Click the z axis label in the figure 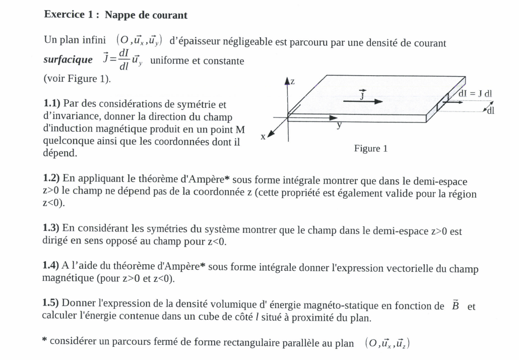pos(293,82)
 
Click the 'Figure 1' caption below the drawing pos(370,149)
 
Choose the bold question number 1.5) pos(52,304)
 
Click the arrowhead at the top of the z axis pos(288,81)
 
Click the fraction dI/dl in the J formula pos(123,61)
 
